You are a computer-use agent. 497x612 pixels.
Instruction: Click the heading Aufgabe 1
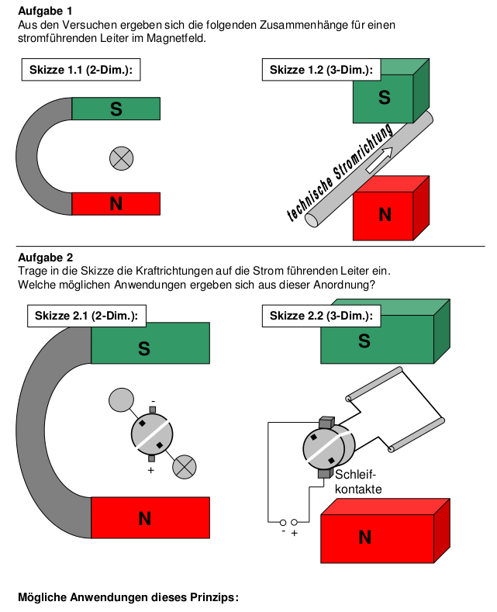click(45, 11)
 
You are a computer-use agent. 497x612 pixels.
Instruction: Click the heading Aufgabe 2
click(45, 257)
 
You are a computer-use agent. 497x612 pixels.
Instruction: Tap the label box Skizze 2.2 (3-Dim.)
click(321, 316)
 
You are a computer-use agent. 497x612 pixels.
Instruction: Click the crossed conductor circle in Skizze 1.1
click(121, 158)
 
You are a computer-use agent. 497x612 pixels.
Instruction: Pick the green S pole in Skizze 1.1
click(116, 109)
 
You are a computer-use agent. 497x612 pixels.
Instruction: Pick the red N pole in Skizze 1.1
click(116, 204)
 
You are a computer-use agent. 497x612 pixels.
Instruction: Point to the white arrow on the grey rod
click(379, 160)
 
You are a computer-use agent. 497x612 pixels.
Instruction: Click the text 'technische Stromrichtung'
click(340, 173)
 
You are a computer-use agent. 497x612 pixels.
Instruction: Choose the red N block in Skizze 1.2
click(385, 215)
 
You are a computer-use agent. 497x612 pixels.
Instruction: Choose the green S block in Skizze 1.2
click(384, 99)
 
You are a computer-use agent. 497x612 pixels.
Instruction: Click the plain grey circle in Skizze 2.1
click(121, 399)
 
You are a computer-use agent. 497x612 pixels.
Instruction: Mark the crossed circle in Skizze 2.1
click(184, 465)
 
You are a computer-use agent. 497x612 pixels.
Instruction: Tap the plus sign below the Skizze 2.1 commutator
click(150, 470)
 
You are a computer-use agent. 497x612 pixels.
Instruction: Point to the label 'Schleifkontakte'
click(357, 482)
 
